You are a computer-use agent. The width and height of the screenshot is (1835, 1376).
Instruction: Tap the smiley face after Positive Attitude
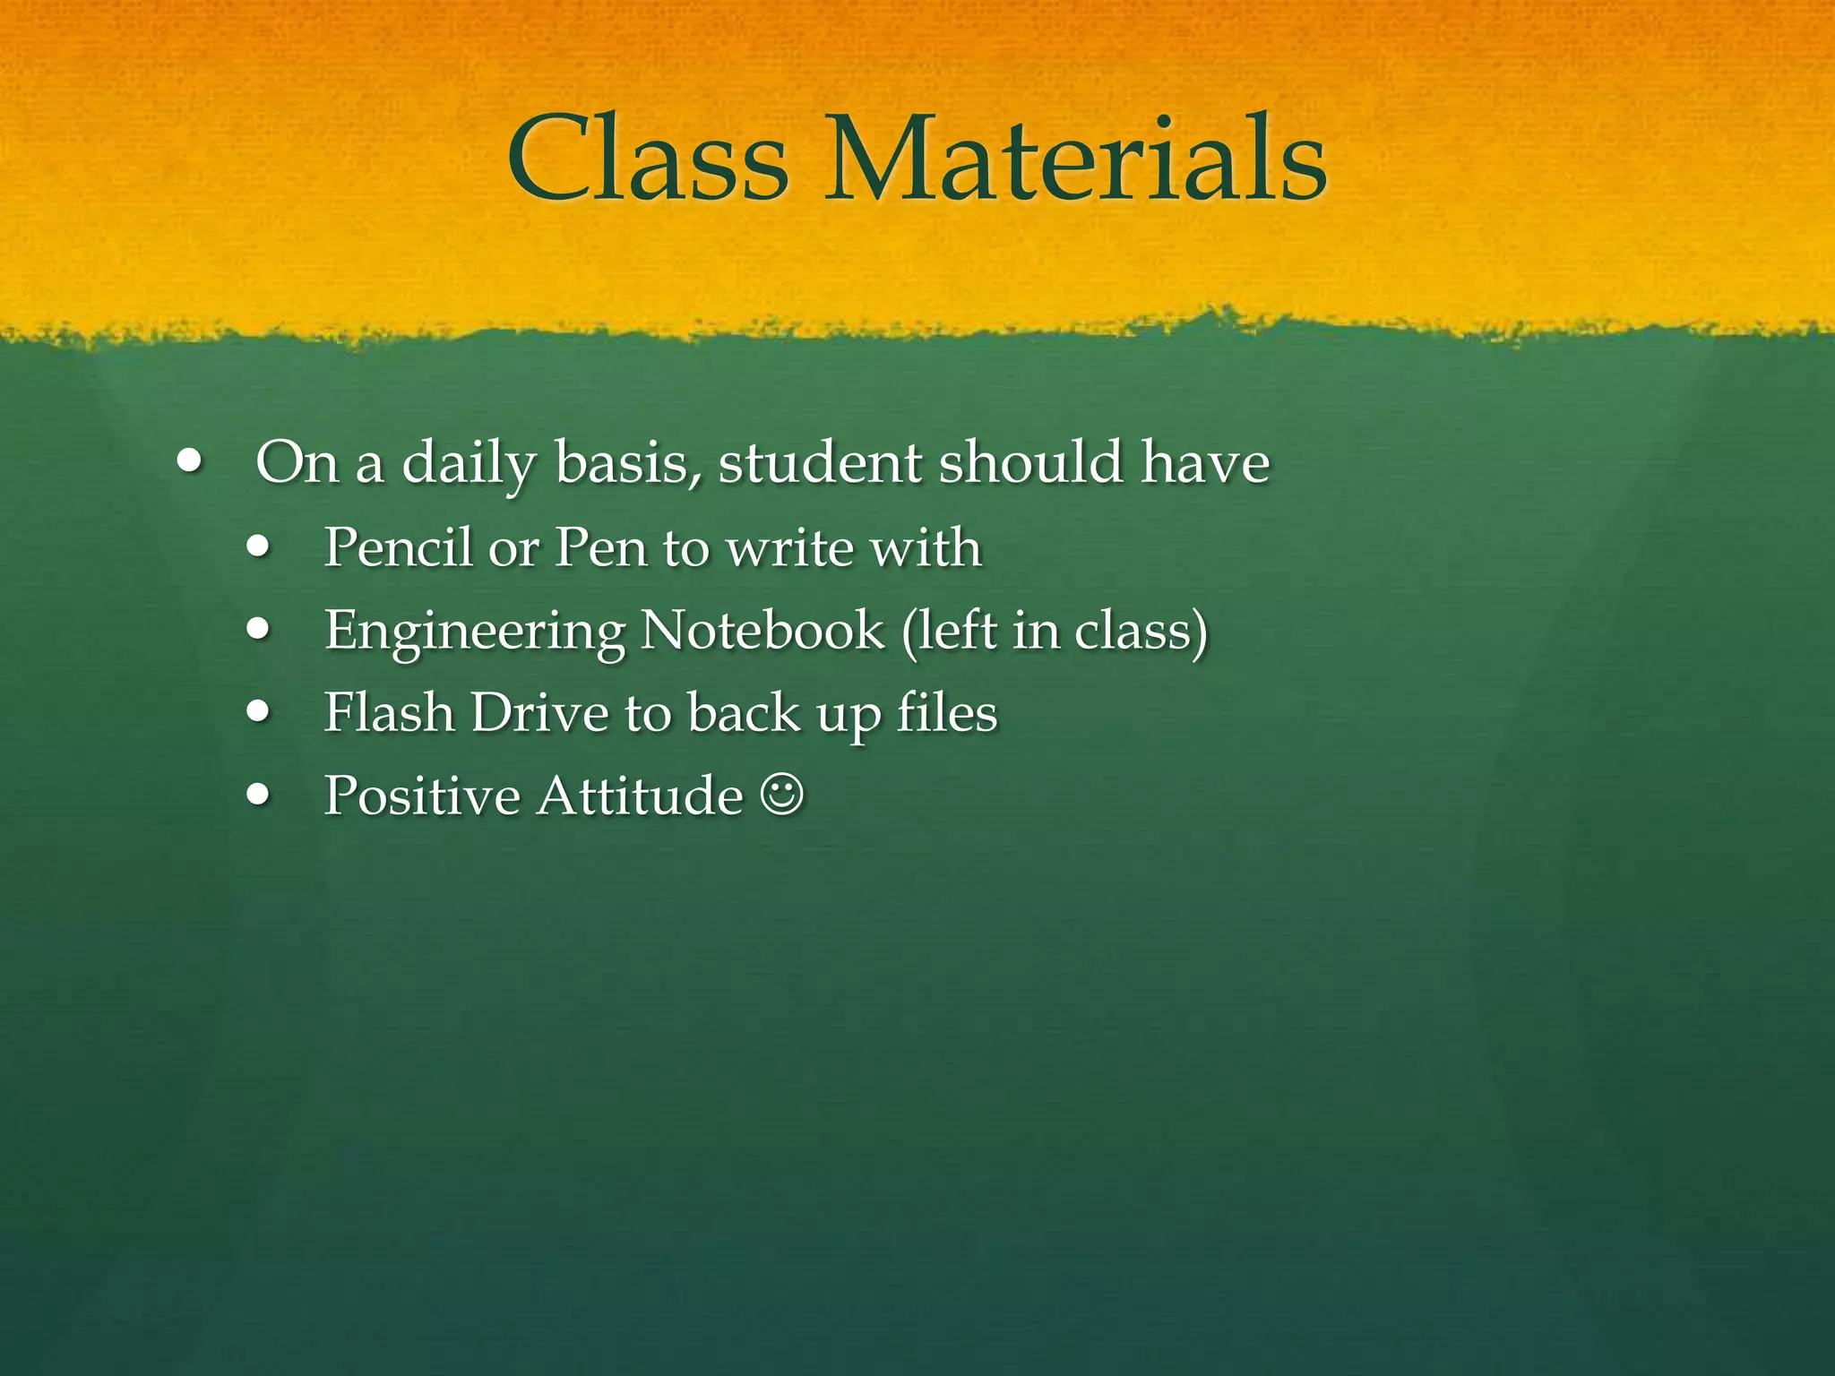point(782,795)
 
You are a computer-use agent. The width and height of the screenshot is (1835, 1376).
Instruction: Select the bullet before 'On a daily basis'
point(189,463)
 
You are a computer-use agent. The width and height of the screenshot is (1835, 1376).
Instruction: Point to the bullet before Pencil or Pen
point(259,546)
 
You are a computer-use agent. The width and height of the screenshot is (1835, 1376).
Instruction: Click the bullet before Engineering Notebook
point(259,630)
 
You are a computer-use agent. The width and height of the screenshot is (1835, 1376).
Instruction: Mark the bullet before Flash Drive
point(259,712)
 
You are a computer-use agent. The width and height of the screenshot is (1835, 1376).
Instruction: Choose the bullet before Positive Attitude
point(259,795)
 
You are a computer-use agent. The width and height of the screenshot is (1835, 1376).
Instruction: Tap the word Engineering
point(475,632)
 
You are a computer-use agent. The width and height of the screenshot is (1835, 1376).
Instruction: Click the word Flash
point(389,713)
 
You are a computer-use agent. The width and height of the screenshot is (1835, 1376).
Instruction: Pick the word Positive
point(422,795)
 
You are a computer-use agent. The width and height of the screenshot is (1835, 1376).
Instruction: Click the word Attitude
point(640,795)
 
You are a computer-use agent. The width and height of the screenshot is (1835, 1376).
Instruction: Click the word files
point(947,713)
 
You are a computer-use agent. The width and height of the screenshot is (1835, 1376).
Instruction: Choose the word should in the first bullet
point(1030,463)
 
